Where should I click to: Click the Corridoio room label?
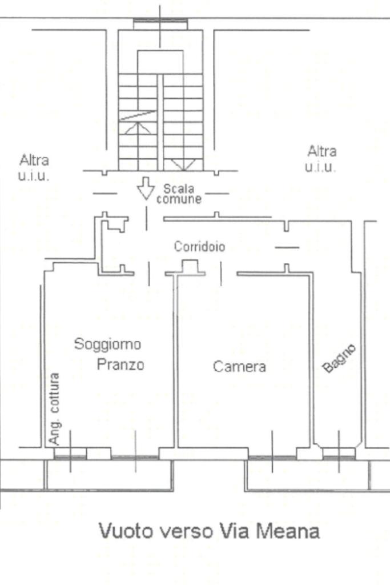coord(199,247)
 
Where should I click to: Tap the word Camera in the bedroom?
coord(239,366)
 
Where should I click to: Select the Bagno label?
coord(339,359)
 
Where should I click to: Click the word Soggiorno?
coord(107,344)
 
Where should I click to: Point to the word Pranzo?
coord(120,364)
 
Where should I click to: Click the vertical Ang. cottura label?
coord(54,408)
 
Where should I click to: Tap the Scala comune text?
coord(179,194)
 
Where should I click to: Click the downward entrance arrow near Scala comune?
coord(146,189)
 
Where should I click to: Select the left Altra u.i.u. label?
coord(34,168)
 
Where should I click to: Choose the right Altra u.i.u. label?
coord(321,159)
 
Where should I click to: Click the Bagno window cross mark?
coord(339,452)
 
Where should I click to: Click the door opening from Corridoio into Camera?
coord(221,274)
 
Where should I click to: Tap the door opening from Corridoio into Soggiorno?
coord(149,274)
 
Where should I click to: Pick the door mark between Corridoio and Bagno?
coord(287,247)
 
